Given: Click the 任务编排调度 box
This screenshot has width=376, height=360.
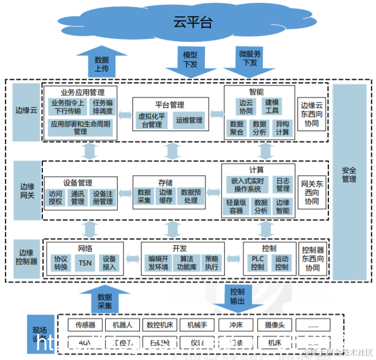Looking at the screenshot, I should pyautogui.click(x=102, y=107).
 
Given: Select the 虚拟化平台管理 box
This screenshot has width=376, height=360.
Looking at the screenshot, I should pyautogui.click(x=151, y=120).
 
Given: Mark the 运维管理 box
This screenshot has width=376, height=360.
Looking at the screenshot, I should pyautogui.click(x=189, y=120).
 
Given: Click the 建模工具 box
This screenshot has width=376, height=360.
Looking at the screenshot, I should pyautogui.click(x=272, y=106).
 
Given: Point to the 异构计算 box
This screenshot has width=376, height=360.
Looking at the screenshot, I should pyautogui.click(x=282, y=128).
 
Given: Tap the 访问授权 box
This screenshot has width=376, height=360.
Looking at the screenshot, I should pyautogui.click(x=55, y=198).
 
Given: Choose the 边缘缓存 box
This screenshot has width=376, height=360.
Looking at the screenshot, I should pyautogui.click(x=165, y=196).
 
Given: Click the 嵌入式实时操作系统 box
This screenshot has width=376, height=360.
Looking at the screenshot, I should pyautogui.click(x=247, y=184).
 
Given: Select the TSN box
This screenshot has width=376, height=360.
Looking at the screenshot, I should pyautogui.click(x=85, y=263).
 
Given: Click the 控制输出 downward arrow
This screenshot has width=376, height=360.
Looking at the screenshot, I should pyautogui.click(x=237, y=299).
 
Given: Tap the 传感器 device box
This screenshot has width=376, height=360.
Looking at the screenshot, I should pyautogui.click(x=85, y=325).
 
